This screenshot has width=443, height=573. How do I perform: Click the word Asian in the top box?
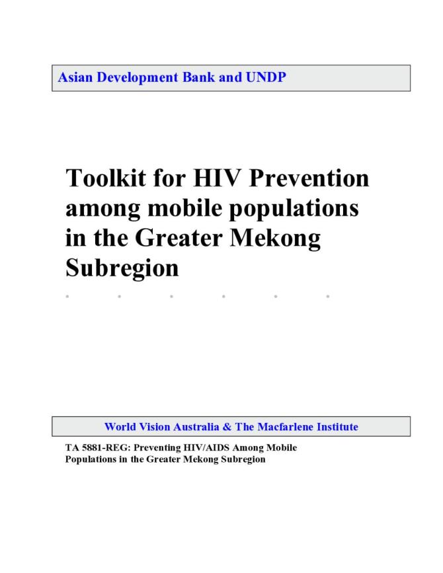point(73,77)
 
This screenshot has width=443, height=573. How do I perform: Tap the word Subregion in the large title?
point(122,268)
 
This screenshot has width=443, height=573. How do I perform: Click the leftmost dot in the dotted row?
point(67,296)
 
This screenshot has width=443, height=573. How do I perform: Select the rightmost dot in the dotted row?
point(328,296)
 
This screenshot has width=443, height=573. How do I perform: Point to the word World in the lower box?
point(120,427)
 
